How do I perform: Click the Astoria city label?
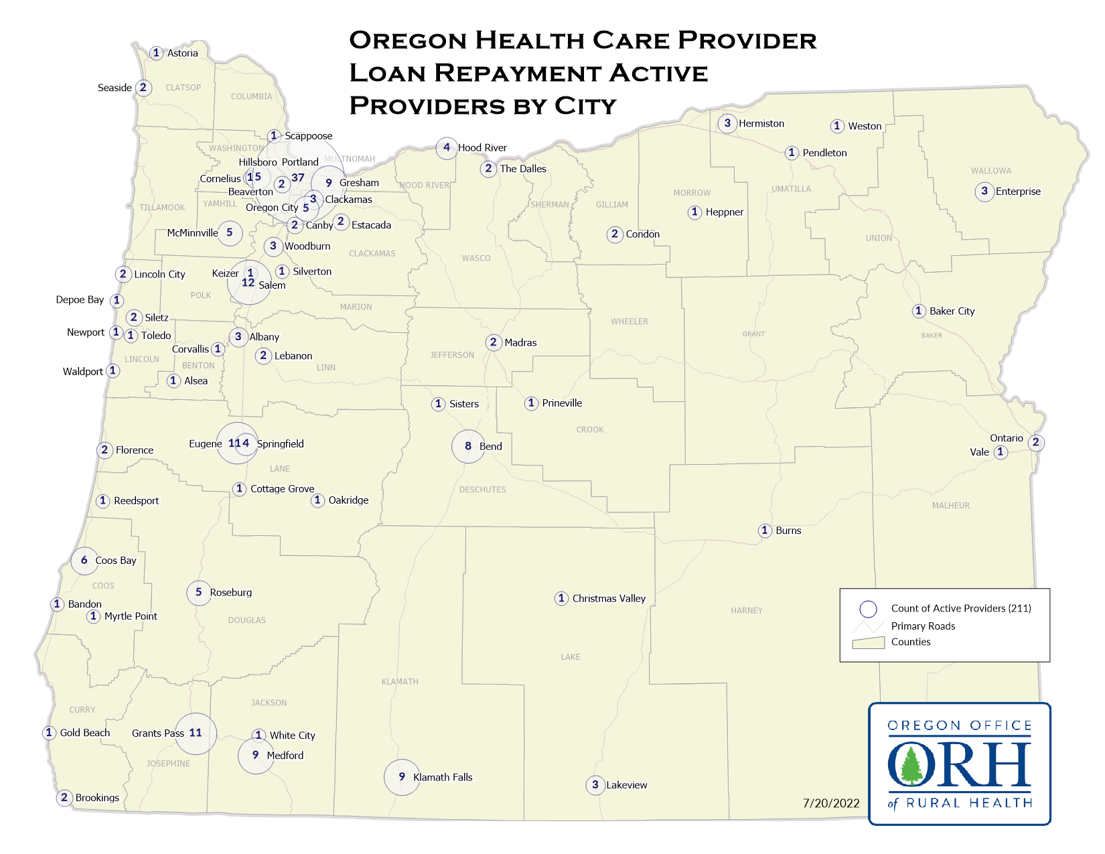pos(182,53)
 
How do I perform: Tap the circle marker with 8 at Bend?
pos(468,446)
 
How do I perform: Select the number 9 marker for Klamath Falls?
pos(402,777)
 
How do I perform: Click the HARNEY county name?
pos(747,610)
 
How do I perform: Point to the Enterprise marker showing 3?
pos(984,192)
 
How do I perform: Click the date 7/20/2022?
pos(831,803)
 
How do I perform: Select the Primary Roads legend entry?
pos(923,626)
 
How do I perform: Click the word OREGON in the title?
pos(408,41)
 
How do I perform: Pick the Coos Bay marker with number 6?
pos(84,561)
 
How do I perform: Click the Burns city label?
pos(788,530)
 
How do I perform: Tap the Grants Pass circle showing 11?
pos(196,733)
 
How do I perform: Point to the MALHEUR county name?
pos(950,506)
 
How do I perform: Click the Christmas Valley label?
pos(609,599)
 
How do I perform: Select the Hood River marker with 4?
pos(447,147)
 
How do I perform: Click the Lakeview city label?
pos(626,785)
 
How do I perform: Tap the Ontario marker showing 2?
pos(1035,442)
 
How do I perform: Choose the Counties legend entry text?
pos(910,642)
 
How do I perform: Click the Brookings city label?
pos(97,798)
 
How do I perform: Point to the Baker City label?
pos(952,311)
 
